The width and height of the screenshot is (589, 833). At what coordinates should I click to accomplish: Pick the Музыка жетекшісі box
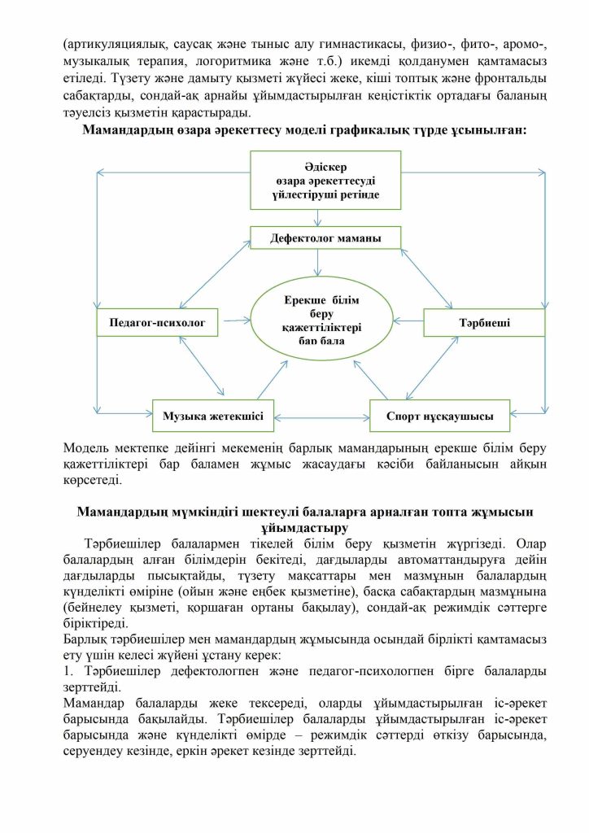coord(213,415)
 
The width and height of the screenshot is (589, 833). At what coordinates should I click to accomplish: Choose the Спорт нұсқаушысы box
coord(439,415)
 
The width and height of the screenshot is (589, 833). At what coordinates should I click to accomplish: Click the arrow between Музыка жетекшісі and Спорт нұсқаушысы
coord(321,416)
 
